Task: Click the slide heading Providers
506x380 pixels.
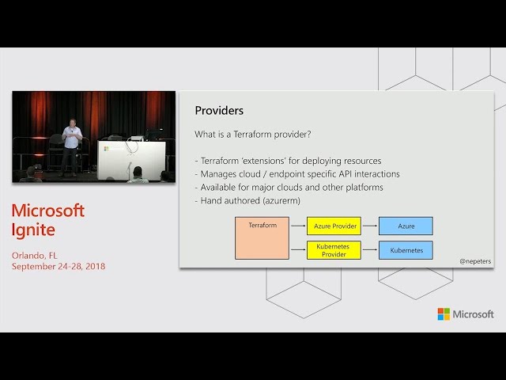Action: pyautogui.click(x=219, y=111)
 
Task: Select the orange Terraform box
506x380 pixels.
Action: pyautogui.click(x=262, y=238)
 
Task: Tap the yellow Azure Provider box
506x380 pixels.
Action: pyautogui.click(x=334, y=226)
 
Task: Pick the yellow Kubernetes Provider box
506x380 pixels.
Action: pyautogui.click(x=334, y=250)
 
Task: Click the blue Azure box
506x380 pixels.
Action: pyautogui.click(x=406, y=226)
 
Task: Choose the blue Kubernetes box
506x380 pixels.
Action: pyautogui.click(x=406, y=250)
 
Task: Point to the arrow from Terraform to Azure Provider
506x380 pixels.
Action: pyautogui.click(x=298, y=226)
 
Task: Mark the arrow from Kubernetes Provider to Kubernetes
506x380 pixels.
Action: pyautogui.click(x=370, y=249)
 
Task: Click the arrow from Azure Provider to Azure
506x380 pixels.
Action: pyautogui.click(x=370, y=226)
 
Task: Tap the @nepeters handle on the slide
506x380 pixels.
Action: pyautogui.click(x=475, y=261)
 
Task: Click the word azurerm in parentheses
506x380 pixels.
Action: pyautogui.click(x=281, y=200)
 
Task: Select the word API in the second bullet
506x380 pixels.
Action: pyautogui.click(x=346, y=174)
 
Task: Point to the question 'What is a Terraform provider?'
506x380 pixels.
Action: pyautogui.click(x=253, y=134)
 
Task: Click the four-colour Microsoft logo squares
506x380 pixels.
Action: pyautogui.click(x=444, y=314)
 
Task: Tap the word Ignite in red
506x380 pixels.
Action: pyautogui.click(x=33, y=230)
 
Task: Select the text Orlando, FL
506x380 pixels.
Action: pyautogui.click(x=35, y=256)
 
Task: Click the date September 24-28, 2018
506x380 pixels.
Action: pyautogui.click(x=59, y=266)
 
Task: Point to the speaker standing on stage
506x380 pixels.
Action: pyautogui.click(x=71, y=148)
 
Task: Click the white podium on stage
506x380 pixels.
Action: pyautogui.click(x=131, y=160)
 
